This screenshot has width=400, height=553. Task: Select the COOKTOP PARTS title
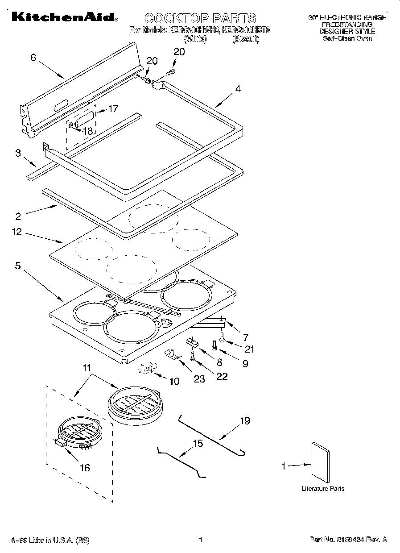pyautogui.click(x=200, y=18)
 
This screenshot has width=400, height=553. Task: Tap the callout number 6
pyautogui.click(x=33, y=58)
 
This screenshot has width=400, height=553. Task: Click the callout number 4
pyautogui.click(x=238, y=89)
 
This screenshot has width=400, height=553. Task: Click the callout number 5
pyautogui.click(x=17, y=266)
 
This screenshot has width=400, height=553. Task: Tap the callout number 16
pyautogui.click(x=84, y=467)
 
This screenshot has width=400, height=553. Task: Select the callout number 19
pyautogui.click(x=245, y=421)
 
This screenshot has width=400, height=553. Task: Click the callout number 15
pyautogui.click(x=198, y=443)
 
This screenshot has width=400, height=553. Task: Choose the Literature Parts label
pyautogui.click(x=323, y=489)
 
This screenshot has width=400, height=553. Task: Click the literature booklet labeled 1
pyautogui.click(x=321, y=466)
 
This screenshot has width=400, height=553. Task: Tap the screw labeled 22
pyautogui.click(x=193, y=356)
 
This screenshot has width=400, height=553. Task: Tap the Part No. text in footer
pyautogui.click(x=348, y=540)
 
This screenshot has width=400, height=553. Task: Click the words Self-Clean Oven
pyautogui.click(x=347, y=38)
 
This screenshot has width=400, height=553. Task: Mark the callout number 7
pyautogui.click(x=245, y=337)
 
